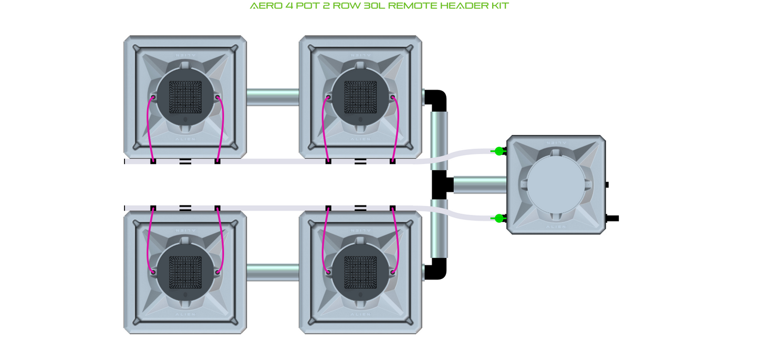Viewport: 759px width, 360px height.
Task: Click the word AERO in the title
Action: [x=263, y=6]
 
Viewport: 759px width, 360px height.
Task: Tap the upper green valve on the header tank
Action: [x=499, y=151]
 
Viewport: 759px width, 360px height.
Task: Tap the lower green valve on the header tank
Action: [x=499, y=218]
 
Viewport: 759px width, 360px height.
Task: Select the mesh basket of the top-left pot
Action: [x=185, y=97]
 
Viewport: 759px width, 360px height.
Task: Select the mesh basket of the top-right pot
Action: [x=360, y=97]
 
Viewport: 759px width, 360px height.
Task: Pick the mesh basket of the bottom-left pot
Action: [x=185, y=272]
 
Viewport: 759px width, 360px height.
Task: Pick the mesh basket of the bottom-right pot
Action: [x=360, y=272]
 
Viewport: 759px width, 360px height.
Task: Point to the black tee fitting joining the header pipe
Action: [x=440, y=184]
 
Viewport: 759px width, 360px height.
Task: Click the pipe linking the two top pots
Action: [x=273, y=97]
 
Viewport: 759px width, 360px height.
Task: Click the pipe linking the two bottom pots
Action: [x=273, y=272]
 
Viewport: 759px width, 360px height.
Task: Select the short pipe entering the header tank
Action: [x=480, y=184]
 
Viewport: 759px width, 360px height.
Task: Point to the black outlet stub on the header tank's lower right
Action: [x=612, y=218]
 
